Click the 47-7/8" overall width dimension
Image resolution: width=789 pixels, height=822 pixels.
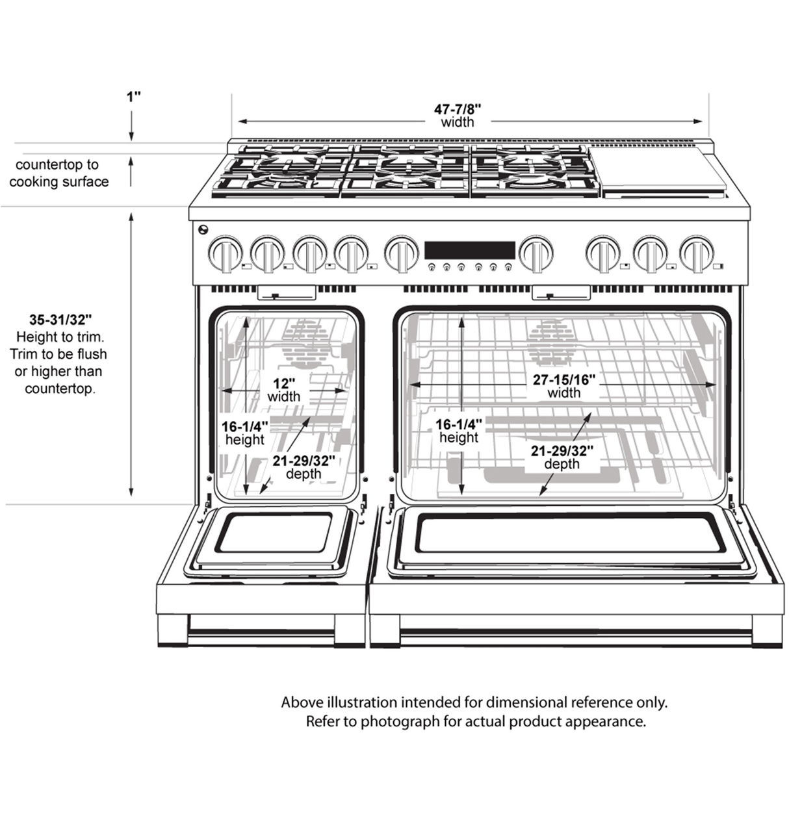click(x=458, y=109)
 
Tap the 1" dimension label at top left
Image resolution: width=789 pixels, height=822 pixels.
click(x=133, y=97)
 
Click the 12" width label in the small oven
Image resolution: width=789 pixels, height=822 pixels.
click(x=284, y=383)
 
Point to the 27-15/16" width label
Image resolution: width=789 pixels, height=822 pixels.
click(x=563, y=379)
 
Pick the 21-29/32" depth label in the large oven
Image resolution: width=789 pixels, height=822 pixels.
click(x=562, y=451)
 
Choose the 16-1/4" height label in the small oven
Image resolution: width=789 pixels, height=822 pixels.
click(x=244, y=427)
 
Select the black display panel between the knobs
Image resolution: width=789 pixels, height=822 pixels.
click(x=469, y=250)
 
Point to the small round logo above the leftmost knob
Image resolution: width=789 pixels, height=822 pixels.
click(x=203, y=229)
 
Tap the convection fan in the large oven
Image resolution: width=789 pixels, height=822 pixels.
click(x=552, y=342)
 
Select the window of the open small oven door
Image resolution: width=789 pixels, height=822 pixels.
click(x=274, y=532)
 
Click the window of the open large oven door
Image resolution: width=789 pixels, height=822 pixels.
click(x=570, y=533)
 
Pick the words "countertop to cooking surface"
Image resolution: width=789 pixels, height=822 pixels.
click(x=58, y=173)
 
